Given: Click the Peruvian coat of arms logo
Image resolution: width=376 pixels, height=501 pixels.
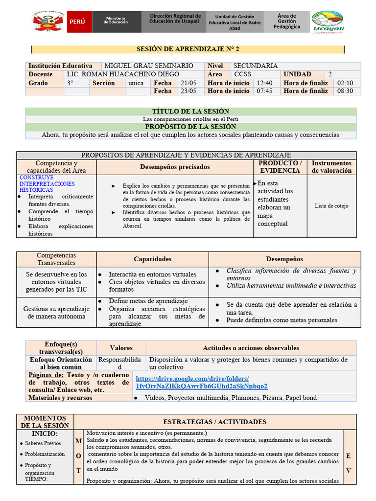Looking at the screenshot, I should (x=49, y=22).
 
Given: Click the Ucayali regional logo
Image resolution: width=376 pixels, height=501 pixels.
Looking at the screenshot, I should (x=328, y=23).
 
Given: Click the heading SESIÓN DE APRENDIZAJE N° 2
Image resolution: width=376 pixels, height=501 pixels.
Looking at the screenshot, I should (x=188, y=49).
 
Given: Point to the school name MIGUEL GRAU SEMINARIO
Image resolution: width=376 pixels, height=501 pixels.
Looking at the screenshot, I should (x=149, y=66).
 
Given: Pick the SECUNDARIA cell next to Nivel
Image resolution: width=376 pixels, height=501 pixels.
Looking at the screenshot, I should (x=255, y=66).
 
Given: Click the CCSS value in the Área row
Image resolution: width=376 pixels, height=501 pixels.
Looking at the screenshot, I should (x=243, y=74).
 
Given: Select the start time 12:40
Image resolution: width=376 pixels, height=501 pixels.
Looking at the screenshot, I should (x=264, y=83).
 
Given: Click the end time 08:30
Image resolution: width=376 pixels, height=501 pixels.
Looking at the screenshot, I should (x=345, y=91).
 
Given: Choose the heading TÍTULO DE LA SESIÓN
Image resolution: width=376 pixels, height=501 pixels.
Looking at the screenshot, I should (x=191, y=112).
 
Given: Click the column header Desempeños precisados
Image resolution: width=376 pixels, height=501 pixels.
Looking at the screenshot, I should (x=175, y=167).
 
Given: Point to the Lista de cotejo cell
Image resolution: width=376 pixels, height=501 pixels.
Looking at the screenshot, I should (x=331, y=206).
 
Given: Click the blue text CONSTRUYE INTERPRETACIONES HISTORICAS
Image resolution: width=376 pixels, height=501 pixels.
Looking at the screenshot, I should (x=47, y=183).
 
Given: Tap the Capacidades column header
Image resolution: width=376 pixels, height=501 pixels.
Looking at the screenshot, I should (x=153, y=259).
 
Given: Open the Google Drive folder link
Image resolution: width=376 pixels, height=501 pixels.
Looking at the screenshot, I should (x=201, y=382).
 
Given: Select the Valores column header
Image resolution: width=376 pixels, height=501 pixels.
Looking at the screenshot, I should (x=121, y=348).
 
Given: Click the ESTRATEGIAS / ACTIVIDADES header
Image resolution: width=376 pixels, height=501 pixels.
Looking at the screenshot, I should (x=214, y=422).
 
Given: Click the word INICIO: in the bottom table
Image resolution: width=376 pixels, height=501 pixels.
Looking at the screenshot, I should (x=45, y=433).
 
